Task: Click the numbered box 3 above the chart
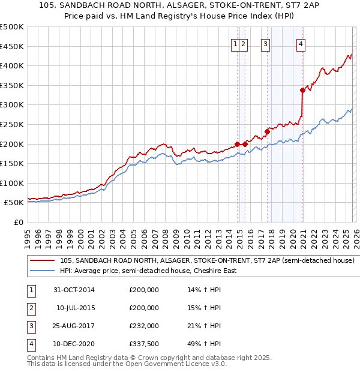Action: tap(265, 43)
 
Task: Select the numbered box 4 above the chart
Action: tap(301, 43)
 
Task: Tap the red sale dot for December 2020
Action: tap(302, 91)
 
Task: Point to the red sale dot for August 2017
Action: tap(267, 132)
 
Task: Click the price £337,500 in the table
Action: tap(144, 344)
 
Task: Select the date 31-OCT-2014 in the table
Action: tap(74, 290)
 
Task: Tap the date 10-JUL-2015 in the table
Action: tap(76, 308)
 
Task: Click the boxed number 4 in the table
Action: tap(31, 344)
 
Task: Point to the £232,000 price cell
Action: tap(144, 326)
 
